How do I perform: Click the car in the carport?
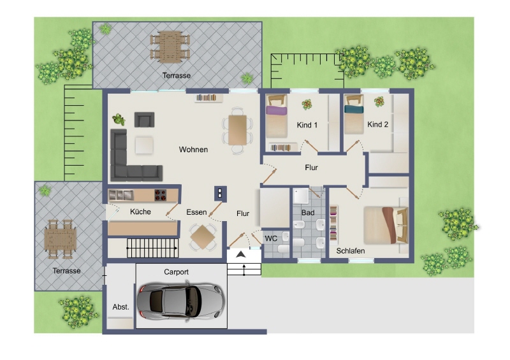(181, 301)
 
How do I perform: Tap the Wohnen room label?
(193, 150)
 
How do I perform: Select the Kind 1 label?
(307, 125)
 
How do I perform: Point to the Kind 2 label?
(377, 124)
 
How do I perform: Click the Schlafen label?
(350, 251)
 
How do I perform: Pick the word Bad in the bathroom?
(308, 213)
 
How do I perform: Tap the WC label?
(271, 239)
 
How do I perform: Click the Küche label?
(140, 212)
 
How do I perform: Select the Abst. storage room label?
(120, 306)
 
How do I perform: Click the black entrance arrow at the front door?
(241, 255)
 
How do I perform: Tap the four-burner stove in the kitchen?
(161, 195)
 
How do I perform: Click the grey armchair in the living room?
(145, 119)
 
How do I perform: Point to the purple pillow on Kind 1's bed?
(277, 110)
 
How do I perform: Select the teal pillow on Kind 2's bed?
(354, 109)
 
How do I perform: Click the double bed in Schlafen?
(386, 225)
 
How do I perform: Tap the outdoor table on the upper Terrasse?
(170, 47)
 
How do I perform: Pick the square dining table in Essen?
(203, 237)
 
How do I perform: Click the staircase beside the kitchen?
(152, 248)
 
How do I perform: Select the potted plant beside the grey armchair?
(119, 119)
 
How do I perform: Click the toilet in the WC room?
(283, 249)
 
